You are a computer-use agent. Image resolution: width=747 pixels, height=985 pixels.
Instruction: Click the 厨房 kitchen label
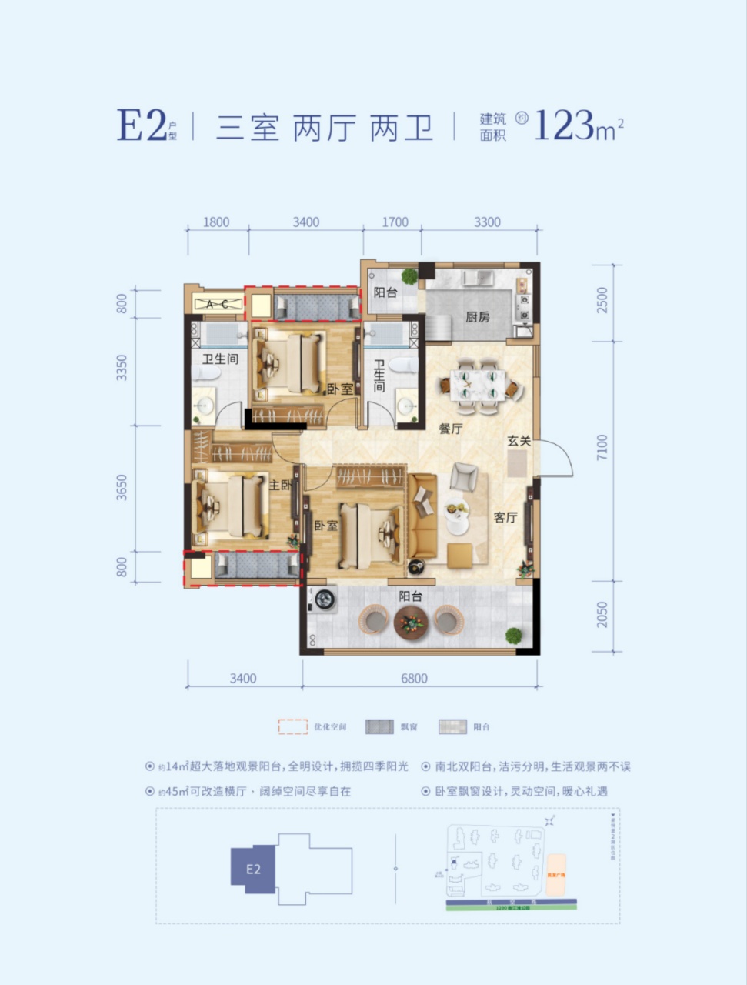[x=477, y=316]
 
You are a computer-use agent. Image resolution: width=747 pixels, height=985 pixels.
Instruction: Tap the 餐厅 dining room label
[x=451, y=429]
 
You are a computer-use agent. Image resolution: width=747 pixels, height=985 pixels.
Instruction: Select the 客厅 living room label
[x=505, y=517]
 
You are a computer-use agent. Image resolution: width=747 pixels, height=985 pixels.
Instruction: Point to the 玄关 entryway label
[x=519, y=441]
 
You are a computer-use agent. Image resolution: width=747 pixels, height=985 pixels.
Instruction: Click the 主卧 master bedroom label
[x=280, y=486]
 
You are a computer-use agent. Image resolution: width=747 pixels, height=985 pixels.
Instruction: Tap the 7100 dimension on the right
[x=602, y=449]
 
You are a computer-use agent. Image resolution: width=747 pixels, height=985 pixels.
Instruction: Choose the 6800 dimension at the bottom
[x=413, y=678]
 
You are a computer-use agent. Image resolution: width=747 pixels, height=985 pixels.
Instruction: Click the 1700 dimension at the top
[x=395, y=222]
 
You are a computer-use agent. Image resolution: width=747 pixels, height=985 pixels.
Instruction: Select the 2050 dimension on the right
[x=602, y=614]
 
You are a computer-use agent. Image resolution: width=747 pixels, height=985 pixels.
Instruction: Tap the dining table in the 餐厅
[x=477, y=383]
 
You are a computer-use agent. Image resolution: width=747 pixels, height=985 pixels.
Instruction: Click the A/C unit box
[x=216, y=304]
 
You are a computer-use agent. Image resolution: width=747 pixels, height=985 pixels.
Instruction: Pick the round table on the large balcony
[x=410, y=620]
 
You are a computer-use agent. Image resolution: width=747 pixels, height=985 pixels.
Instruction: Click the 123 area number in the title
[x=564, y=125]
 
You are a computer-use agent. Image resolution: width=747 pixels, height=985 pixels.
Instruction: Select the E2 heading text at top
[x=141, y=125]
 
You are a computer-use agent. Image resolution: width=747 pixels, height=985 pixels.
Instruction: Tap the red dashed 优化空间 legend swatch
[x=292, y=726]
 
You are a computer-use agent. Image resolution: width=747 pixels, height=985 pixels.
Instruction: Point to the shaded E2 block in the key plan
[x=254, y=870]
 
